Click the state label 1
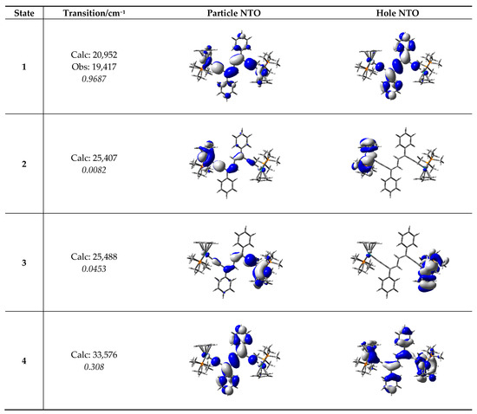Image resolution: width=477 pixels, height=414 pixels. coord(23,66)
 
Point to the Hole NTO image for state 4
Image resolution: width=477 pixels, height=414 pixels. coord(396,358)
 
